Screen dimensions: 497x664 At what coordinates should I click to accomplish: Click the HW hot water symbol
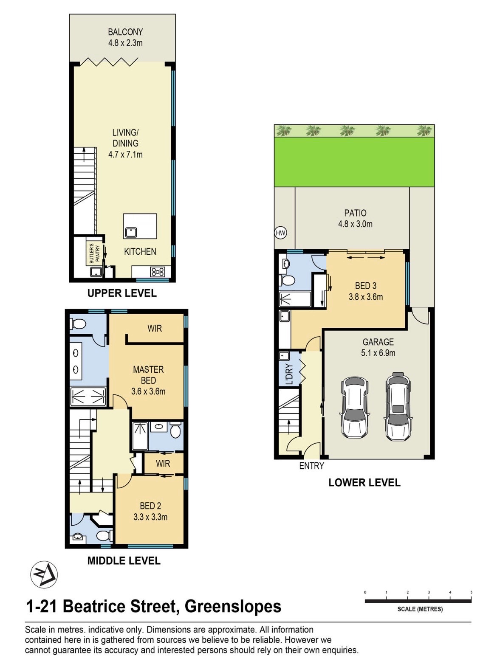click(281, 233)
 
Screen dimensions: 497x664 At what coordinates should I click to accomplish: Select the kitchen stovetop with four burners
click(158, 271)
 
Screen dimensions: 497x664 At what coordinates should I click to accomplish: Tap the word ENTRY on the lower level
click(311, 466)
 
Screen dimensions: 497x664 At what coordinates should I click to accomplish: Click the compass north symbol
click(44, 574)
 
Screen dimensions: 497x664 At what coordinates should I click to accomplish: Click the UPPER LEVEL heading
click(122, 293)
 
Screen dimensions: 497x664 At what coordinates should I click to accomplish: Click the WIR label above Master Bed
click(155, 328)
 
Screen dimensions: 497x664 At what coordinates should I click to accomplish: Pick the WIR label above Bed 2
click(163, 464)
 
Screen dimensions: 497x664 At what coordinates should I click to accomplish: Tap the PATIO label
click(356, 213)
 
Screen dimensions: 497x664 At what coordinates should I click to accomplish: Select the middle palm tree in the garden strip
click(347, 131)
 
